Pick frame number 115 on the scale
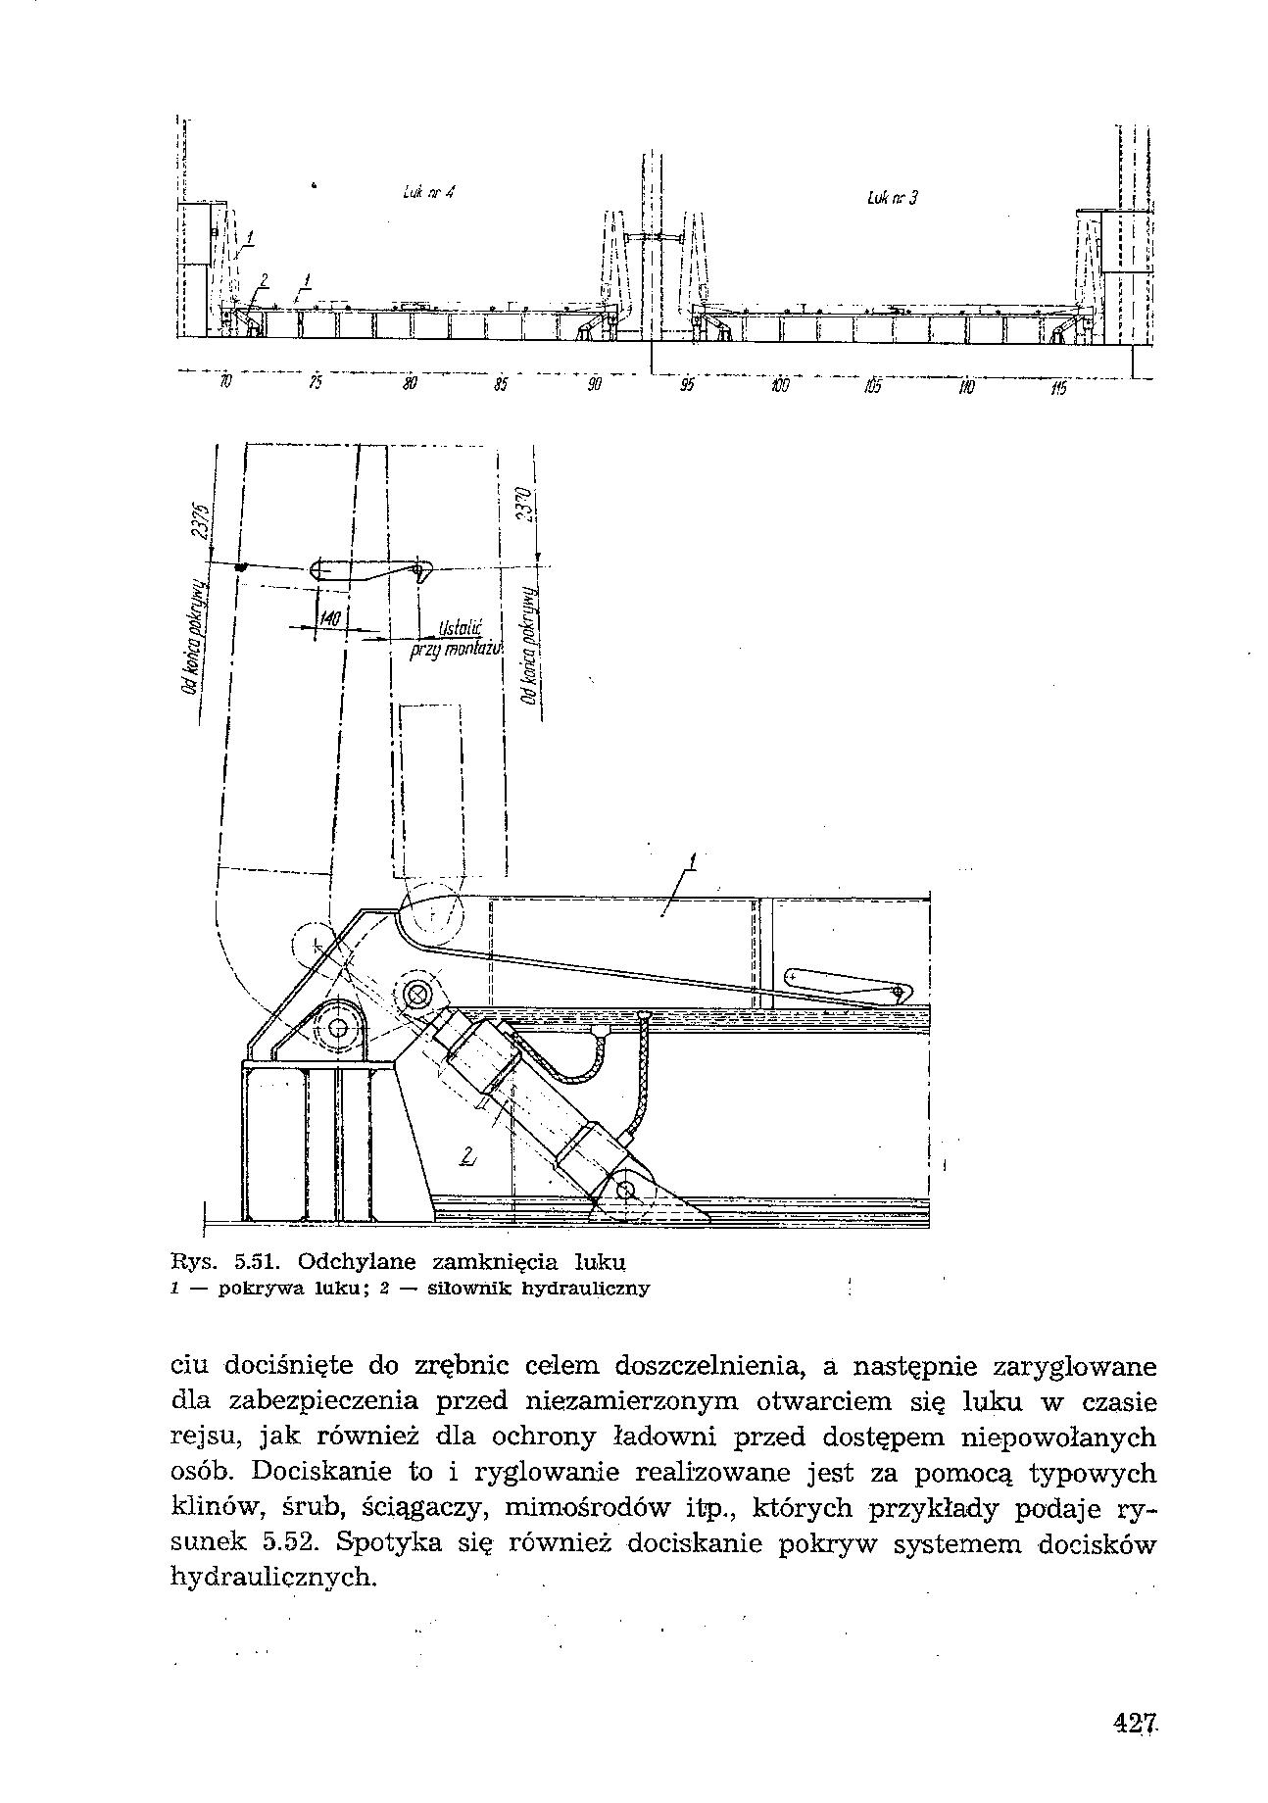1058,390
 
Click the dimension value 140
330,619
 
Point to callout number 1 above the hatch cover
693,861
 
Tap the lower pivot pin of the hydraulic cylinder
627,1191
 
